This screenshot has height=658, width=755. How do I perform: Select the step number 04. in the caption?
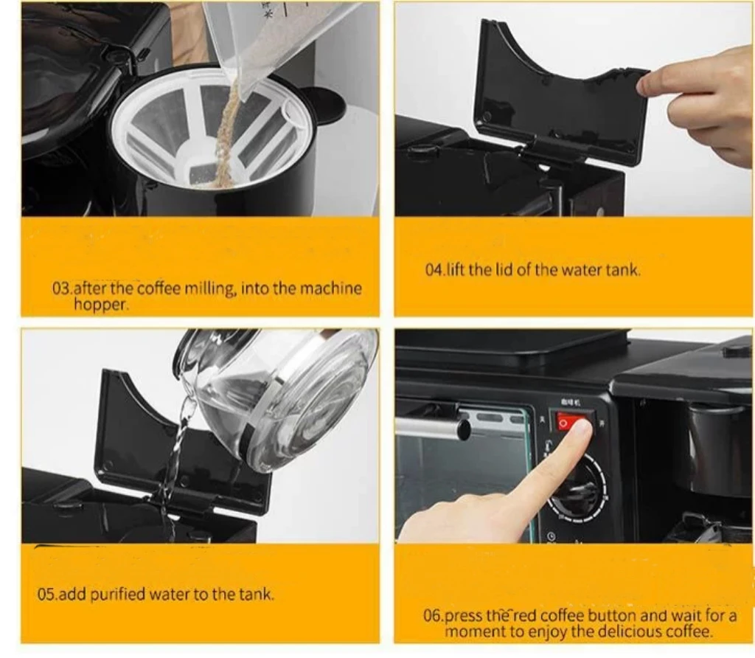pyautogui.click(x=434, y=270)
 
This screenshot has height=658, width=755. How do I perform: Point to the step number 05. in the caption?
pyautogui.click(x=46, y=595)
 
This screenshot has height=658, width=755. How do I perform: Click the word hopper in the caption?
pyautogui.click(x=100, y=305)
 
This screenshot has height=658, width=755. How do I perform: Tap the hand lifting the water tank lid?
pyautogui.click(x=700, y=103)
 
